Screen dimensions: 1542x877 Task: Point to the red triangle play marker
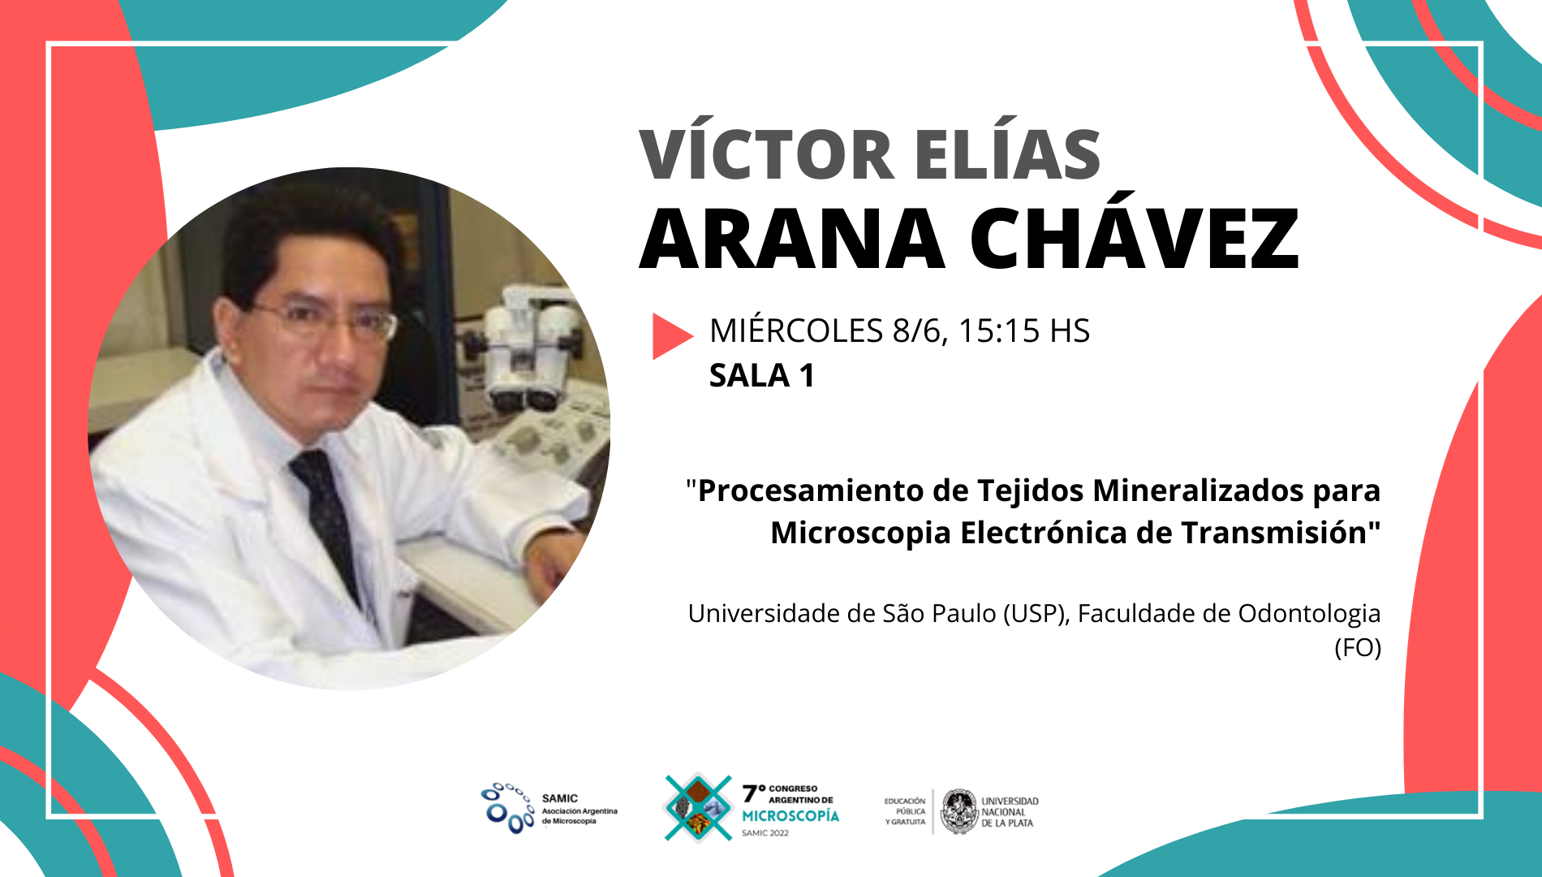coord(672,336)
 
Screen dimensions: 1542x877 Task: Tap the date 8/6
coord(920,331)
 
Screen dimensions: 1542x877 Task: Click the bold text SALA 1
coord(762,376)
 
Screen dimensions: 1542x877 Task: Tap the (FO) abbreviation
coord(1358,648)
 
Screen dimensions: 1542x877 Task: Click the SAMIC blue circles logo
coord(507,808)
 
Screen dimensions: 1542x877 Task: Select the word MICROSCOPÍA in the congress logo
coord(790,815)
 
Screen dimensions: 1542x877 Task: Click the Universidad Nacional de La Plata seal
coord(960,811)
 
